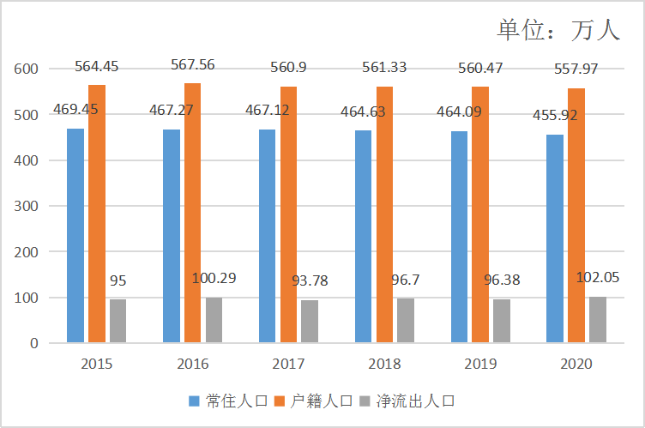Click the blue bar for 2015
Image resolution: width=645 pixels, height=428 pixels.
[75, 236]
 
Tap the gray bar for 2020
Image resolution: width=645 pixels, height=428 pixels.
[598, 320]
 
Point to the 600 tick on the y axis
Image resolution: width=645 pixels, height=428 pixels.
[27, 69]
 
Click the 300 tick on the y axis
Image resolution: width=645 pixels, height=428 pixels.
[27, 206]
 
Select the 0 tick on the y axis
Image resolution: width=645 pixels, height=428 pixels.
[33, 343]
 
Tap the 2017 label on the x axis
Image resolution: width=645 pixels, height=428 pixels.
[288, 364]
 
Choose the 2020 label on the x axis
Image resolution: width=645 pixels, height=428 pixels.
[576, 364]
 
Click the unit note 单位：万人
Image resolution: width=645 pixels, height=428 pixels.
[558, 29]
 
